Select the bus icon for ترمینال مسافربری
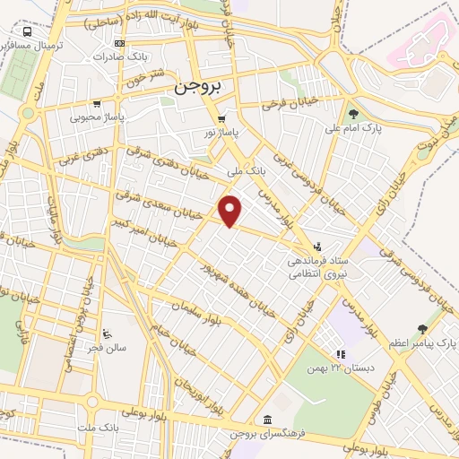pyautogui.click(x=28, y=32)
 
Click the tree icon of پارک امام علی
pyautogui.click(x=353, y=114)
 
